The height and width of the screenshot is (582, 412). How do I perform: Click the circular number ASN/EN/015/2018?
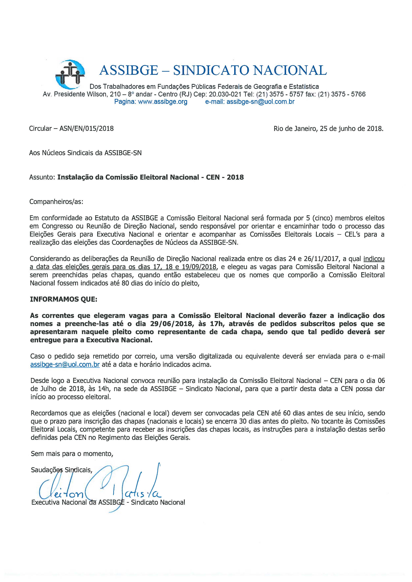pyautogui.click(x=86, y=129)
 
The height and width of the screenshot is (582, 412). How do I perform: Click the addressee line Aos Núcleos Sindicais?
pyautogui.click(x=85, y=153)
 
